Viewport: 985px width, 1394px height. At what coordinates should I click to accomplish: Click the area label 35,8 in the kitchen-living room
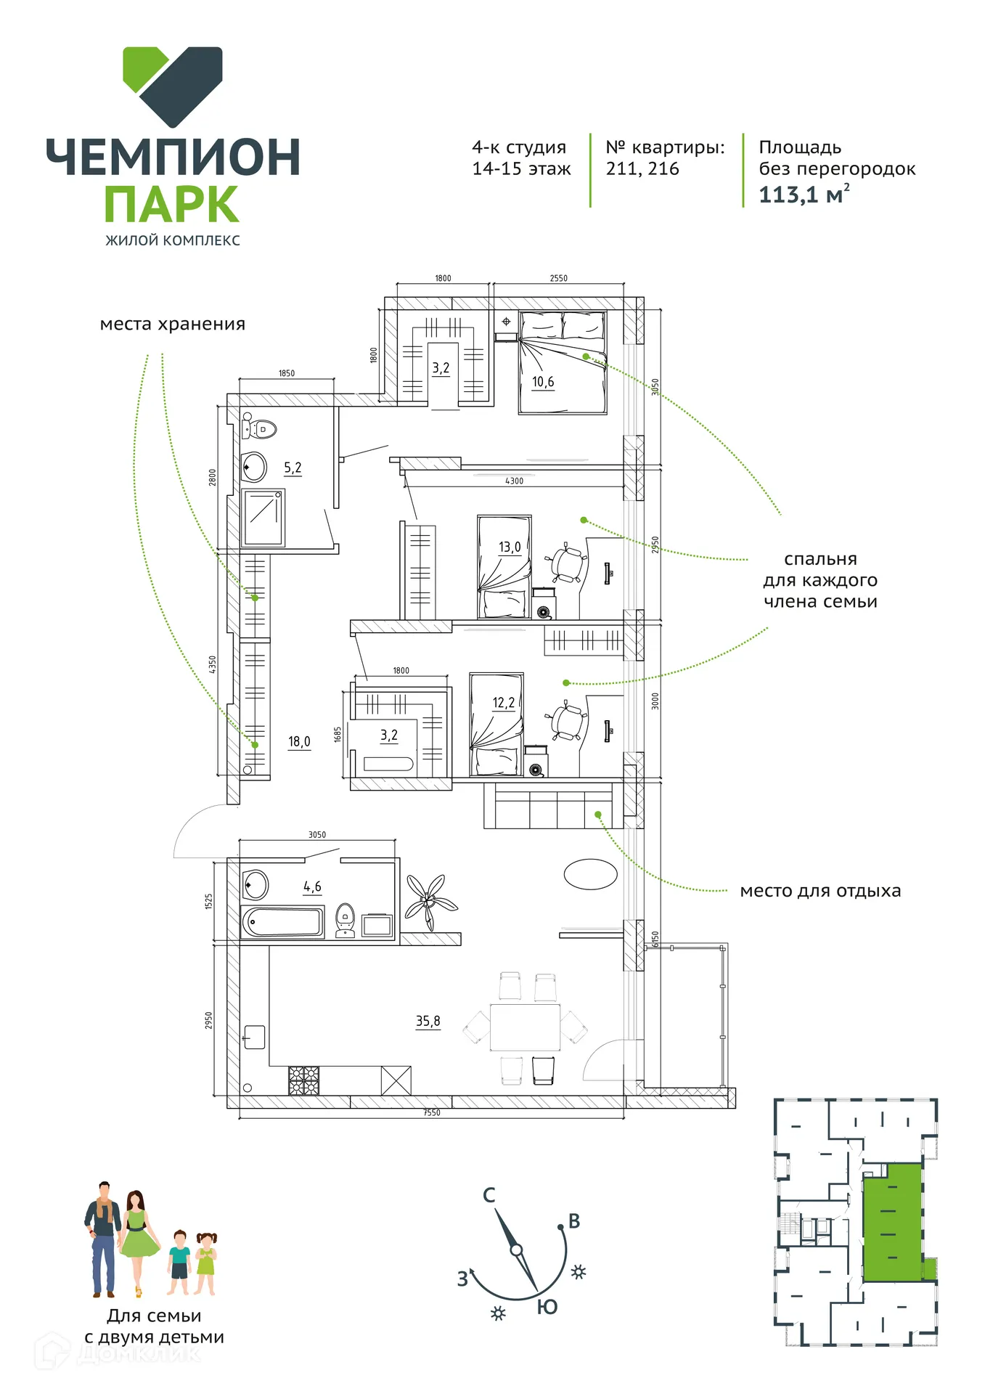click(x=428, y=1021)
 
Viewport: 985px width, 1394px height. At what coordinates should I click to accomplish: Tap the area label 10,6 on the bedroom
click(x=543, y=382)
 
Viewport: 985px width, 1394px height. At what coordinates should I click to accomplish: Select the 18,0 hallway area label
click(x=299, y=741)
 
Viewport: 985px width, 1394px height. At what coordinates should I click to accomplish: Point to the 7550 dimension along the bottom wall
click(x=432, y=1113)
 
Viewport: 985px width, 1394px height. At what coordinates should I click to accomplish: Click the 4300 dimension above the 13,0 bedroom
click(x=514, y=481)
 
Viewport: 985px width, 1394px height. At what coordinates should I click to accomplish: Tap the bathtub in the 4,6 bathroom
click(x=282, y=922)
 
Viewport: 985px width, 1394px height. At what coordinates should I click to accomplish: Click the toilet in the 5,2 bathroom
click(x=259, y=428)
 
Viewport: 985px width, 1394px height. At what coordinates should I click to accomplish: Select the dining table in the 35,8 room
click(x=525, y=1027)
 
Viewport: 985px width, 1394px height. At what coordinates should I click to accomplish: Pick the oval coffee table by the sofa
click(x=590, y=874)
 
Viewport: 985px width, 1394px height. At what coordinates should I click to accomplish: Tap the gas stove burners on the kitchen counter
click(x=303, y=1080)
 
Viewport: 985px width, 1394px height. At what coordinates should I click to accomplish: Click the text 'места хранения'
click(x=173, y=325)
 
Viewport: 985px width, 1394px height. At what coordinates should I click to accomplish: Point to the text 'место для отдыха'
click(x=820, y=891)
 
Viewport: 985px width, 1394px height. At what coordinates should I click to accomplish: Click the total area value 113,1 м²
click(x=804, y=195)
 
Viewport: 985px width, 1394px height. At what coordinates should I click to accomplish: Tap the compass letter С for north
click(x=489, y=1195)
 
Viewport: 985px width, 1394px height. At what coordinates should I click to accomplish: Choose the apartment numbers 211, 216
click(x=642, y=168)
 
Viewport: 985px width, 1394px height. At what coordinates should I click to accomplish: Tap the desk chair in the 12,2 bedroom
click(x=567, y=722)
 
